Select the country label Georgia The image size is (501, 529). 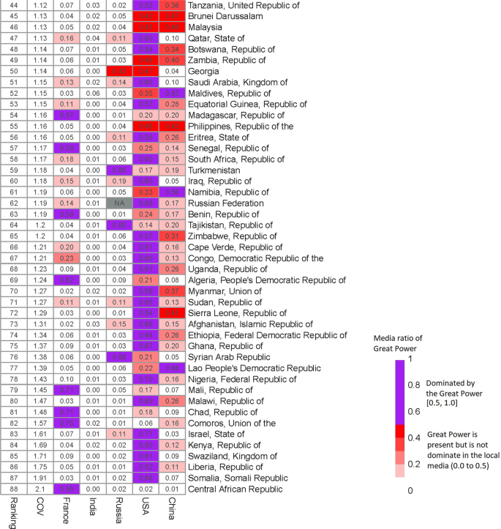pyautogui.click(x=206, y=70)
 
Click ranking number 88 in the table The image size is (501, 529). pyautogui.click(x=13, y=489)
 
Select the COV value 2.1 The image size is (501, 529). pyautogui.click(x=39, y=489)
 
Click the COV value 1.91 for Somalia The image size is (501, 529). pyautogui.click(x=39, y=478)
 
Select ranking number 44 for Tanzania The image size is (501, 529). pyautogui.click(x=13, y=5)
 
